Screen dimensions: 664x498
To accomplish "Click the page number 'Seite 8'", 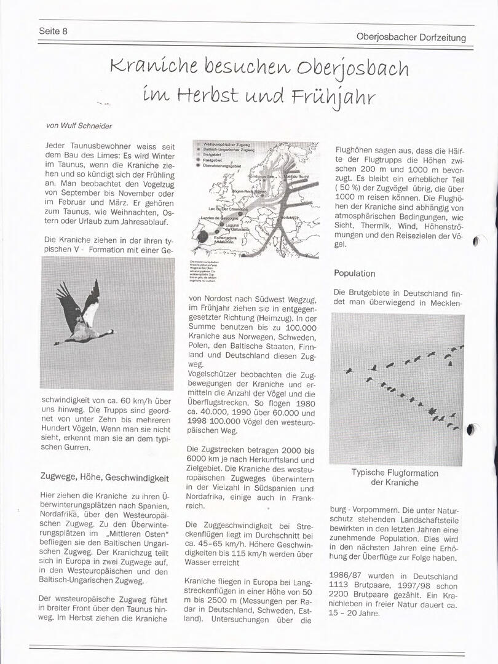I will (x=53, y=31).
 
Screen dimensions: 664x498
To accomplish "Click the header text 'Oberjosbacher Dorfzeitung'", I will (x=411, y=38).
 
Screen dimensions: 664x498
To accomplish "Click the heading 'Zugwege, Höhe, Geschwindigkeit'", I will (x=104, y=477).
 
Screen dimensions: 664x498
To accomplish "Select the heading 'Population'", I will (x=354, y=273).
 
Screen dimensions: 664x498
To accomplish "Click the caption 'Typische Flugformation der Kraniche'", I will (x=395, y=478).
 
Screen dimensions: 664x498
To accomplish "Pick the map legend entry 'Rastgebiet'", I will (x=213, y=159).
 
